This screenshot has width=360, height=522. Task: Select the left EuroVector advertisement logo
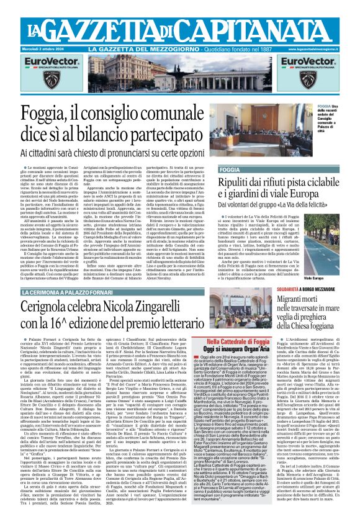pyautogui.click(x=36, y=64)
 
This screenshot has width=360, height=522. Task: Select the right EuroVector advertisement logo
pyautogui.click(x=322, y=64)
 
